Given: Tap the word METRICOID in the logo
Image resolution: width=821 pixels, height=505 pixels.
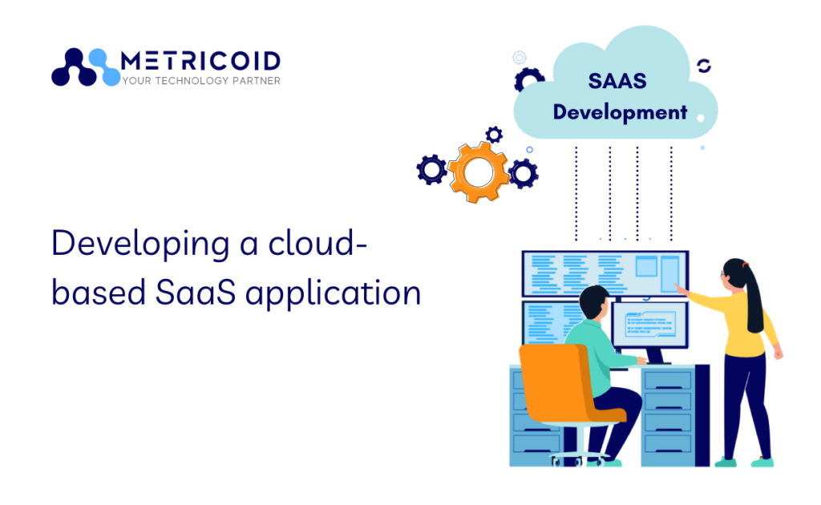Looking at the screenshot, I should tap(200, 61).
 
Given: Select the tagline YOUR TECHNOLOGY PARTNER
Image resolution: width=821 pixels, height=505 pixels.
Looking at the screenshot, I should tap(200, 81).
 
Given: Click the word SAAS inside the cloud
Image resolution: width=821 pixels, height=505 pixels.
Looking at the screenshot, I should tap(617, 81).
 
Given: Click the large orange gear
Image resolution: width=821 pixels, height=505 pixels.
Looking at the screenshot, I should tap(479, 171).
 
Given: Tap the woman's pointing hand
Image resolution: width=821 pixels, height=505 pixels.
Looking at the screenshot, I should tap(681, 287).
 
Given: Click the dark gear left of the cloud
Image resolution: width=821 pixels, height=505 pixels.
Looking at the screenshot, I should tap(529, 80).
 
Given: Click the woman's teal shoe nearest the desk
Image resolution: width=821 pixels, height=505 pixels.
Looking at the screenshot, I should tap(725, 462).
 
